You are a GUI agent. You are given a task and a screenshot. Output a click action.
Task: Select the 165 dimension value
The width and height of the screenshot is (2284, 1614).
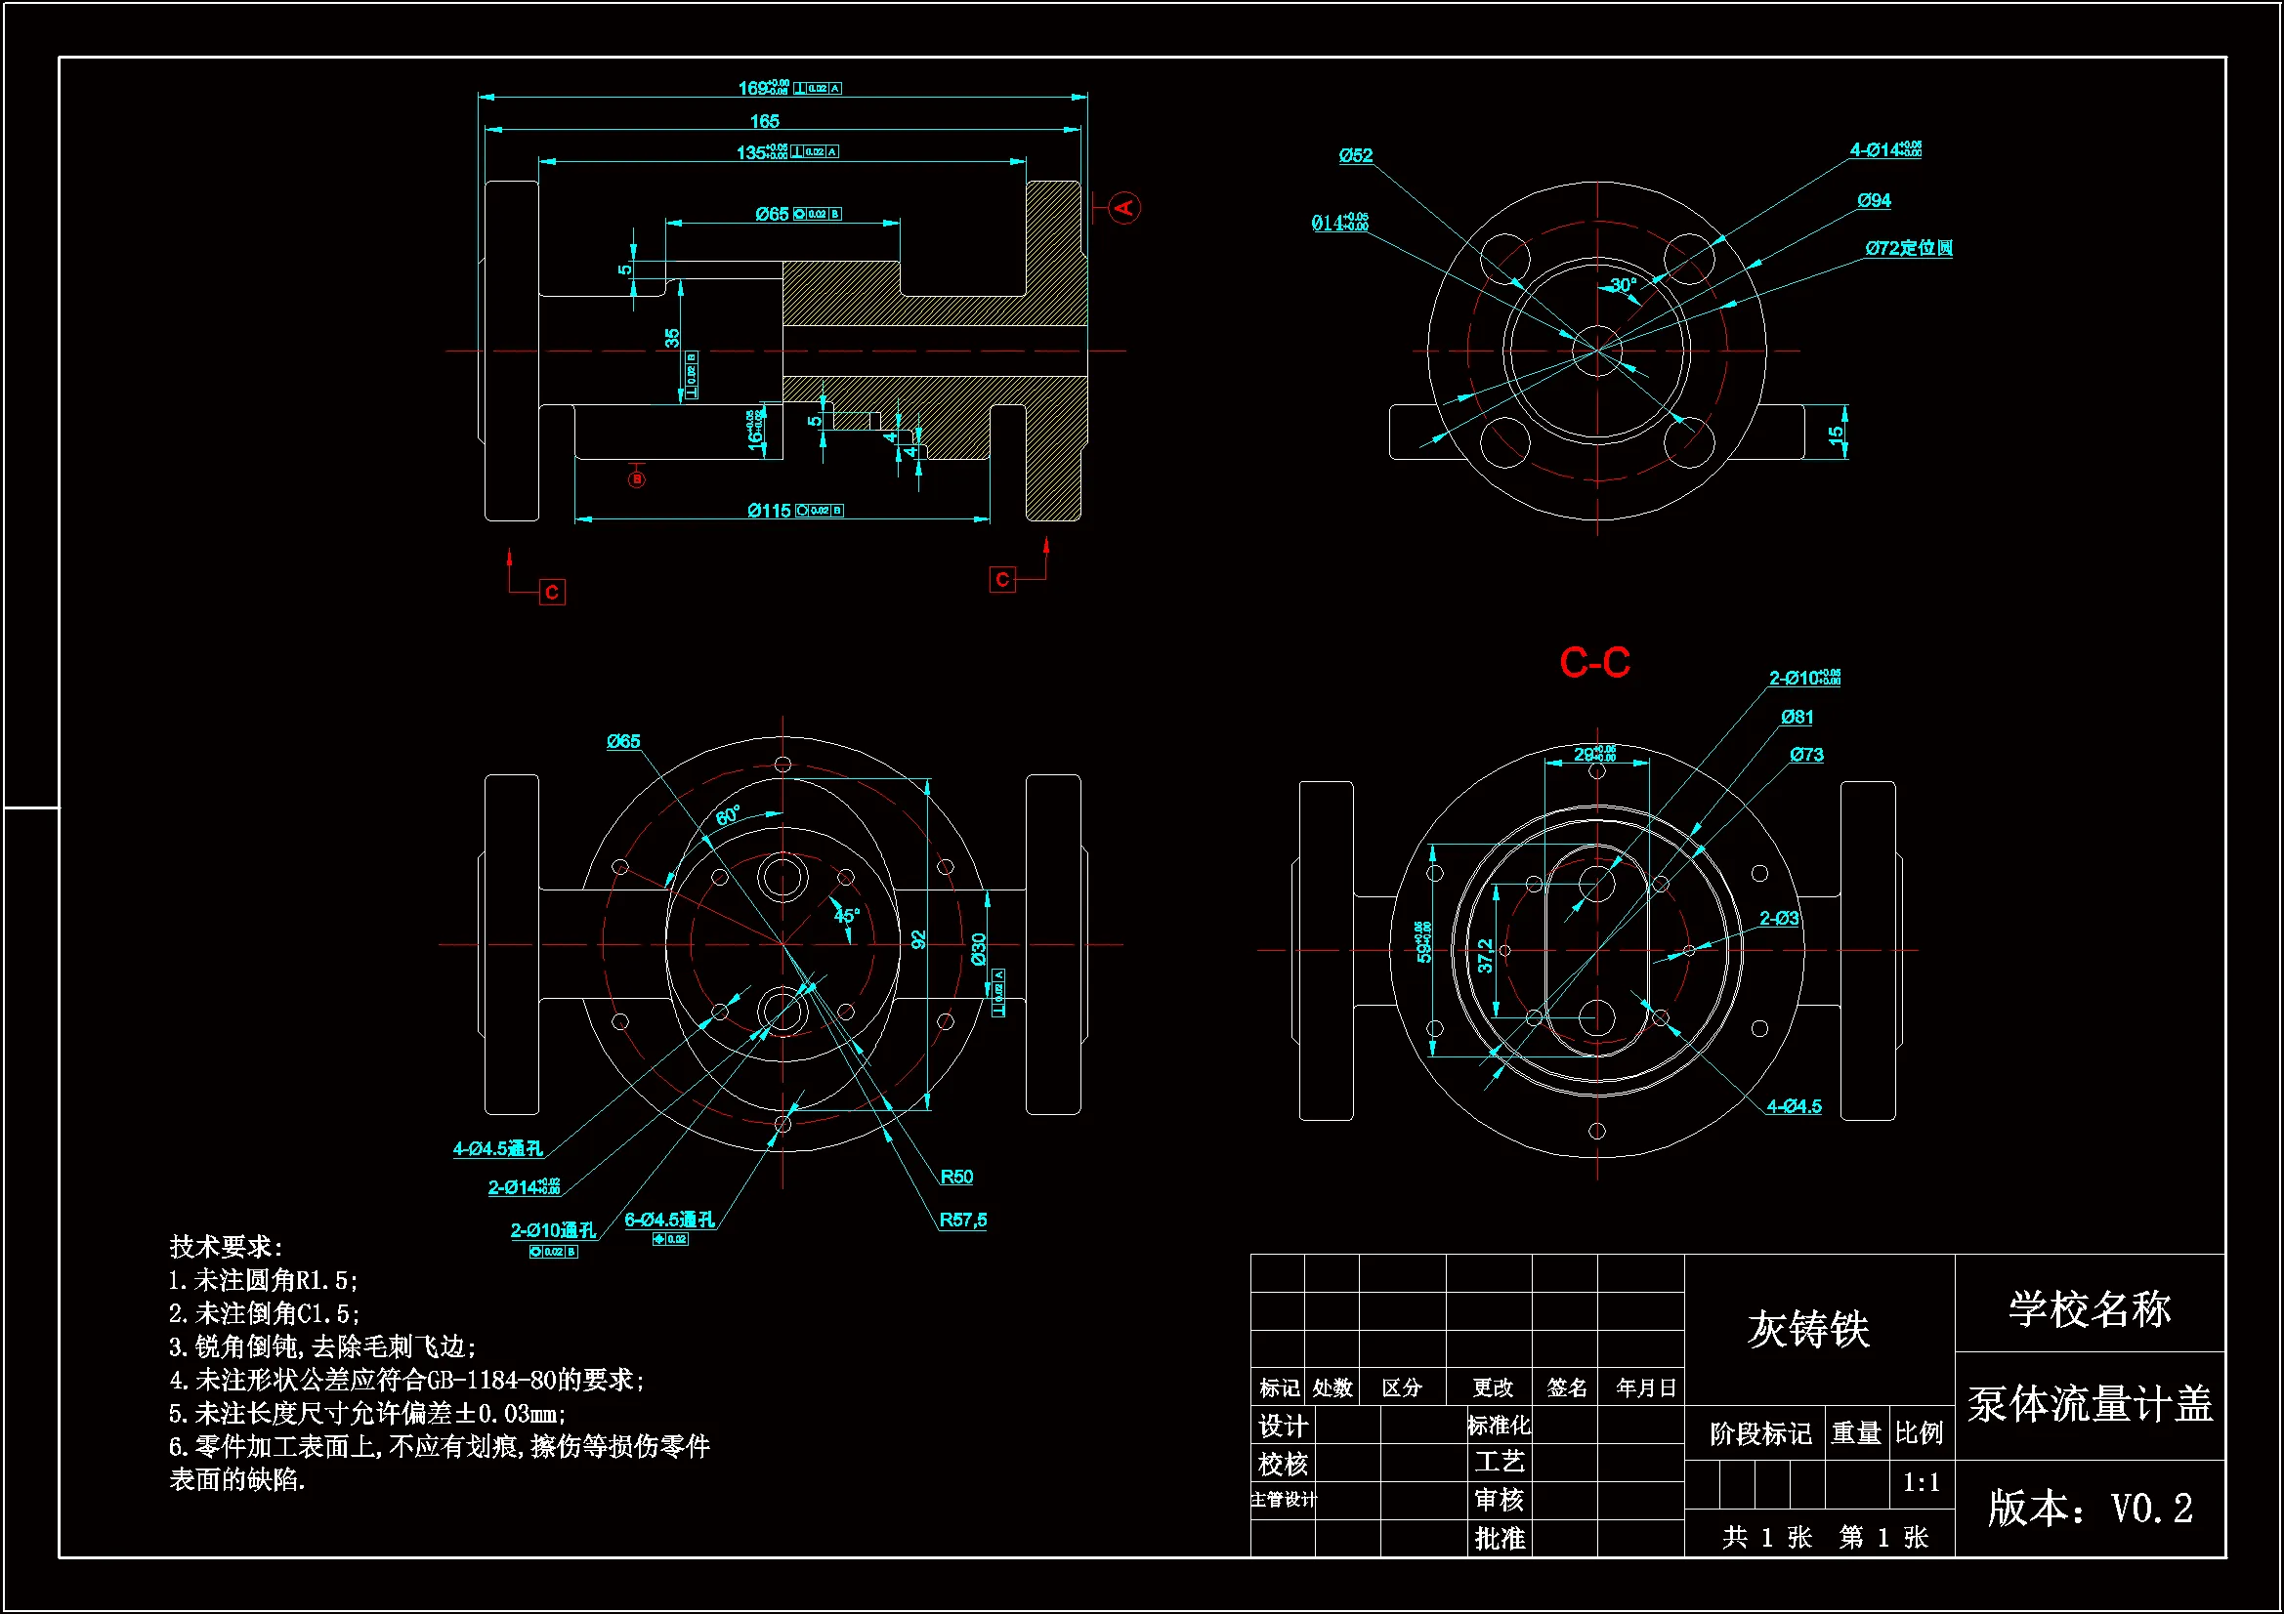point(764,121)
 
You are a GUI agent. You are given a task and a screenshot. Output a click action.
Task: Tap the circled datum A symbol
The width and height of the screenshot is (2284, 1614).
point(1123,208)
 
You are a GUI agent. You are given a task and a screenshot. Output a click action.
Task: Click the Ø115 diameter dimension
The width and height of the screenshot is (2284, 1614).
point(769,510)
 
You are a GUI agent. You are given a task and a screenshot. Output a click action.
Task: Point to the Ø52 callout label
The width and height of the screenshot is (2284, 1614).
point(1355,155)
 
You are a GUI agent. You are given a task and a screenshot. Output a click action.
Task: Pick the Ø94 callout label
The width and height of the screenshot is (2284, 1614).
point(1873,201)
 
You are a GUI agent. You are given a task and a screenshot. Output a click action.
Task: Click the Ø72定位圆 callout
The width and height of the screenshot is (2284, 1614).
point(1908,248)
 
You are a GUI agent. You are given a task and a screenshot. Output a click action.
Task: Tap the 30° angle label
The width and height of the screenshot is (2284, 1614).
point(1623,285)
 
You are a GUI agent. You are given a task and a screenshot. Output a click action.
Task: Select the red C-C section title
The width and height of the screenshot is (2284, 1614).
point(1593,662)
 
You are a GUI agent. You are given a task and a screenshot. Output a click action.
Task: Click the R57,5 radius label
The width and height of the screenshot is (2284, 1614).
point(962,1220)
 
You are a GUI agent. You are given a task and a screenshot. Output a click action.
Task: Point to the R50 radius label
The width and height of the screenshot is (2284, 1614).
point(956,1177)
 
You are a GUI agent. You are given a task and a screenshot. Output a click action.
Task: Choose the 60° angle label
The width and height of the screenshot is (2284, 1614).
point(728,815)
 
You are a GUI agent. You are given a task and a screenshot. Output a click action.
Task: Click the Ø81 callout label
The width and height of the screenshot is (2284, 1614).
point(1797,717)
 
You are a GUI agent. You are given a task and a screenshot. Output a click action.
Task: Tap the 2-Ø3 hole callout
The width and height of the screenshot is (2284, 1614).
point(1779,918)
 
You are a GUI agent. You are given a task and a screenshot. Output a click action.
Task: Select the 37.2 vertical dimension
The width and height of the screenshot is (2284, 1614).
point(1485,956)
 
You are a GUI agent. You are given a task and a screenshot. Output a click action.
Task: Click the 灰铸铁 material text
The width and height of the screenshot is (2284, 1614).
point(1807,1330)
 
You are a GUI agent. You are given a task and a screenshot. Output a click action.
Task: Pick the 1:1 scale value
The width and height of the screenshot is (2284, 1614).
point(1920,1483)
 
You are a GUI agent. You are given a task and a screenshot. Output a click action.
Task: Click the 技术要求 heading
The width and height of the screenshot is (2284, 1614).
point(226,1246)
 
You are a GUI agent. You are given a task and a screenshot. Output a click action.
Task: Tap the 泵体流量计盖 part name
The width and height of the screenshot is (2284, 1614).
point(2089,1404)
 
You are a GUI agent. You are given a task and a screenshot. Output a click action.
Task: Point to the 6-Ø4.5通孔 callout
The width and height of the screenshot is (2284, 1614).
point(669,1220)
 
